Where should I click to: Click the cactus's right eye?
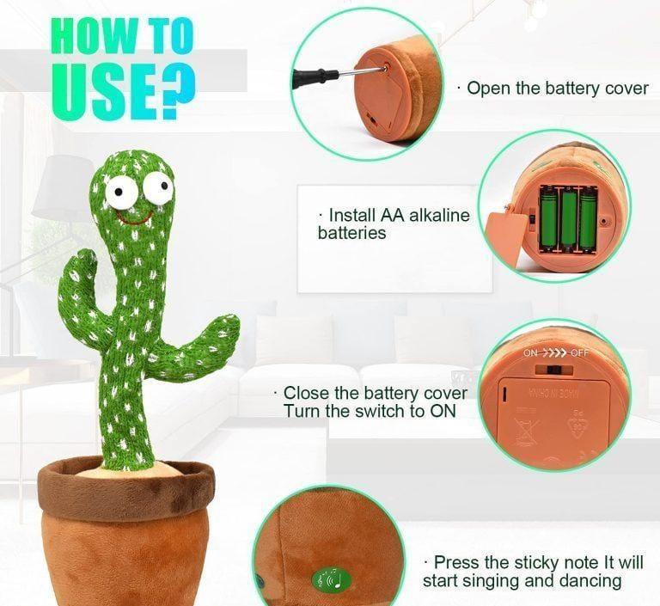point(158,188)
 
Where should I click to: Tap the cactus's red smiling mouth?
point(134,217)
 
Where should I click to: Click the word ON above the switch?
point(530,353)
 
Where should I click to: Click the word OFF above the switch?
point(580,353)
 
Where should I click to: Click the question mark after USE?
point(176,92)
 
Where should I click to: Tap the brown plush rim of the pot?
point(125,489)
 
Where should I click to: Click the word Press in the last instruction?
point(456,563)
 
